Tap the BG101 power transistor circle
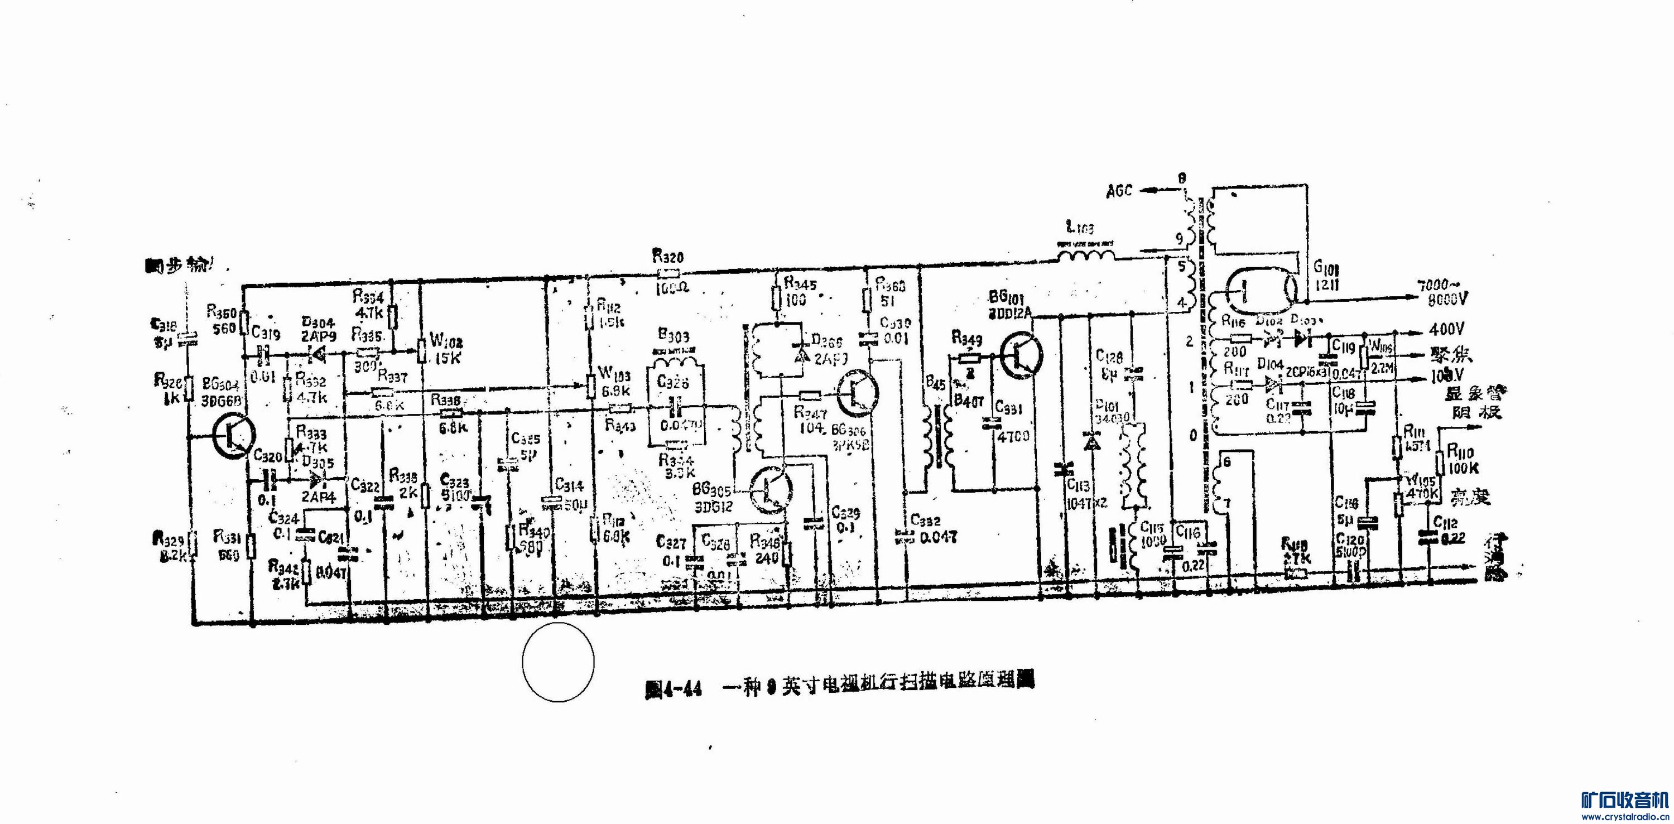click(x=1021, y=355)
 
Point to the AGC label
click(x=1119, y=190)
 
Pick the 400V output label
click(x=1446, y=330)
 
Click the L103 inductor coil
click(x=1085, y=255)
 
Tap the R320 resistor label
click(x=668, y=257)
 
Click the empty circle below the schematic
click(x=557, y=662)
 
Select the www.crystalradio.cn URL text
click(x=1623, y=816)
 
